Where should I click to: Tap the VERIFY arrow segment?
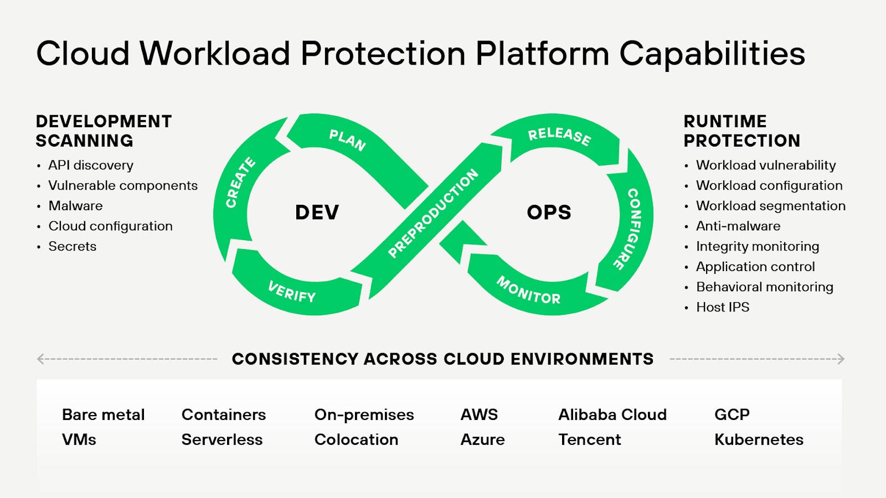pos(292,291)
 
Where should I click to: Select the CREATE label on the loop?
pos(240,183)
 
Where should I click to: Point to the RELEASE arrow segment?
pos(559,136)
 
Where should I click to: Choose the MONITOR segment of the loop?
pos(528,290)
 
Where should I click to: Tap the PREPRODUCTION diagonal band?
pos(433,213)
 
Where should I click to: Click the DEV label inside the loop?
pos(317,212)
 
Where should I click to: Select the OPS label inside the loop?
pos(549,212)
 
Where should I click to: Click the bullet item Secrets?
pos(72,246)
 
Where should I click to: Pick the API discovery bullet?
pos(91,165)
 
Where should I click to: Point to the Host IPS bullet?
pos(722,307)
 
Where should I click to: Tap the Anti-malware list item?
pos(738,226)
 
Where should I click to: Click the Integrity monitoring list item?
pos(757,246)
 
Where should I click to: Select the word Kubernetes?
pos(759,439)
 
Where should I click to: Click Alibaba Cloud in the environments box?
pos(612,414)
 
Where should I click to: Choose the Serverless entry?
pos(222,439)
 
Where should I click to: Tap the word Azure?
pos(482,439)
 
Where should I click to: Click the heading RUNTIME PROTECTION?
pos(741,131)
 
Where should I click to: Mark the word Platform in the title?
pos(542,54)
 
